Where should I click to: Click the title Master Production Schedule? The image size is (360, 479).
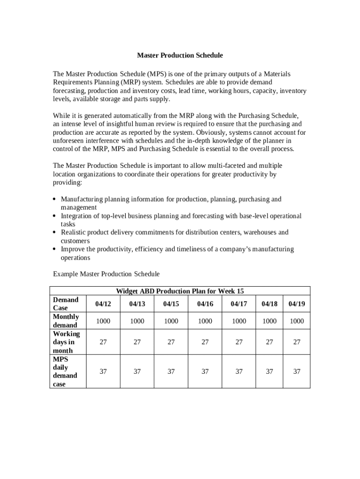pos(180,55)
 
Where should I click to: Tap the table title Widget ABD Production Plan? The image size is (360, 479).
pos(180,291)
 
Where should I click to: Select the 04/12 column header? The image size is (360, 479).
pos(103,304)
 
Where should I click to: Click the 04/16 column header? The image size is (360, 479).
pos(205,304)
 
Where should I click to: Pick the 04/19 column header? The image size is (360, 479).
pos(296,304)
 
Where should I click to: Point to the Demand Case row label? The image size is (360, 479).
pos(65,304)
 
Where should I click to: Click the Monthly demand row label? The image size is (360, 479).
pos(66,321)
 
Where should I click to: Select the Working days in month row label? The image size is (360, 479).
pos(66,342)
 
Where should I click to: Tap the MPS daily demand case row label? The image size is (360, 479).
pos(64,371)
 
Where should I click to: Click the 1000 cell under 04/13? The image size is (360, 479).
pos(137,321)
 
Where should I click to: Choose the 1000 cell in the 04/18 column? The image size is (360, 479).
pos(269,321)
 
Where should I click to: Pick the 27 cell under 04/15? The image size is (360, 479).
pos(171,342)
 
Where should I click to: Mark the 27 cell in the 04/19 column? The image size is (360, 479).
pos(296,342)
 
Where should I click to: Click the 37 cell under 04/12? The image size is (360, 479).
pos(103,371)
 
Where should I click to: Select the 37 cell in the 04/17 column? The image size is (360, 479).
pos(239,371)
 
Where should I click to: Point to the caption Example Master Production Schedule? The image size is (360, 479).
pos(106,274)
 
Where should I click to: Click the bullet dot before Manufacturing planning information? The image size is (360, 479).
pos(55,200)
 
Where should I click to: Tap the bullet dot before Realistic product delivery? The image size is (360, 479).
pos(55,232)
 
